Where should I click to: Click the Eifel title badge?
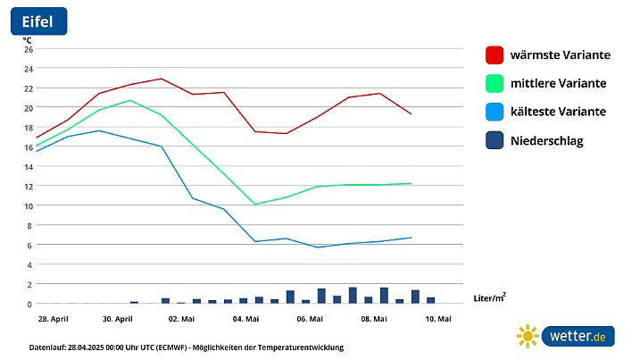37,21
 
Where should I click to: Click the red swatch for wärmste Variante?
495,54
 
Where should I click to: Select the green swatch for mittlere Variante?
495,83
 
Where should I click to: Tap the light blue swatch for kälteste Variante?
495,112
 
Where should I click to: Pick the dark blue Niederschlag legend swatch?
495,140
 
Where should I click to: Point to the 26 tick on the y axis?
28,49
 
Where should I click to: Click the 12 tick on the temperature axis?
28,186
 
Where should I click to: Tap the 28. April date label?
54,319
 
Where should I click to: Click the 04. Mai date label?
245,319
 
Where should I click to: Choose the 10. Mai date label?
437,319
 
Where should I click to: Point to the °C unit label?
28,39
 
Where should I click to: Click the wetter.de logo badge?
578,337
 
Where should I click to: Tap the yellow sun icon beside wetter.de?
528,337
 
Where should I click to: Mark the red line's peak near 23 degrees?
161,79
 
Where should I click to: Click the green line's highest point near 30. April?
130,100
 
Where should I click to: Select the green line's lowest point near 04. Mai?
255,205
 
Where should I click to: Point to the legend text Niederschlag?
546,140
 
